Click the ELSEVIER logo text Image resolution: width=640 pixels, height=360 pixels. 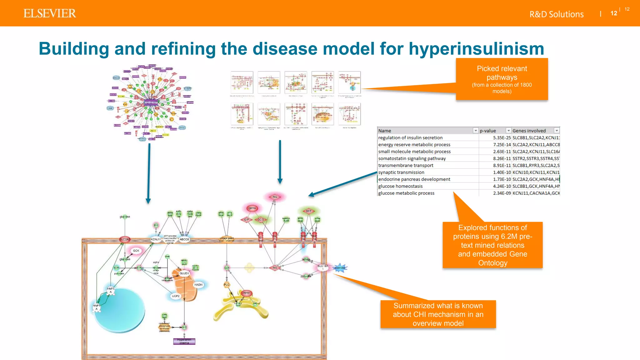(50, 13)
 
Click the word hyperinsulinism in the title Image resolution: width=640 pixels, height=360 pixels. (476, 49)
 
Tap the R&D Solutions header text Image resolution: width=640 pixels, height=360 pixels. (556, 14)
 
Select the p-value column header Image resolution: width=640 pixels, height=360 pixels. (488, 131)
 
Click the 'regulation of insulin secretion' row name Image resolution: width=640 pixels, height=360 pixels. (410, 138)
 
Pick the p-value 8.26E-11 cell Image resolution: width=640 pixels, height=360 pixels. (502, 158)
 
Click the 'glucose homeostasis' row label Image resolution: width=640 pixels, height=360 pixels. (400, 186)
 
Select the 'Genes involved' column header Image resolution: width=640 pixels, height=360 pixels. (529, 131)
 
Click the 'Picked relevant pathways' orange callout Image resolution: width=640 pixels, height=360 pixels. (502, 79)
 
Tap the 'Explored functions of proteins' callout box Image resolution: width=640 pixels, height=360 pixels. (492, 245)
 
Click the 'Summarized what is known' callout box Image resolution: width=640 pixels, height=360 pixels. (438, 314)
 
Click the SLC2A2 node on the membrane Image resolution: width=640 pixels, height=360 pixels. (125, 239)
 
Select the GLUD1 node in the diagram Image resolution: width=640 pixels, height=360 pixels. (184, 273)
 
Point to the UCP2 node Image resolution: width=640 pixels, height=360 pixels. (176, 296)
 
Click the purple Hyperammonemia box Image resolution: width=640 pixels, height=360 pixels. (184, 341)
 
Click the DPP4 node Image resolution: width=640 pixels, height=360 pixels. (252, 208)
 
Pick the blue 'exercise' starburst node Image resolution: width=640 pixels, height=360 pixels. (340, 268)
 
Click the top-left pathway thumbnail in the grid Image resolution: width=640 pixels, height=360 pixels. (242, 82)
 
